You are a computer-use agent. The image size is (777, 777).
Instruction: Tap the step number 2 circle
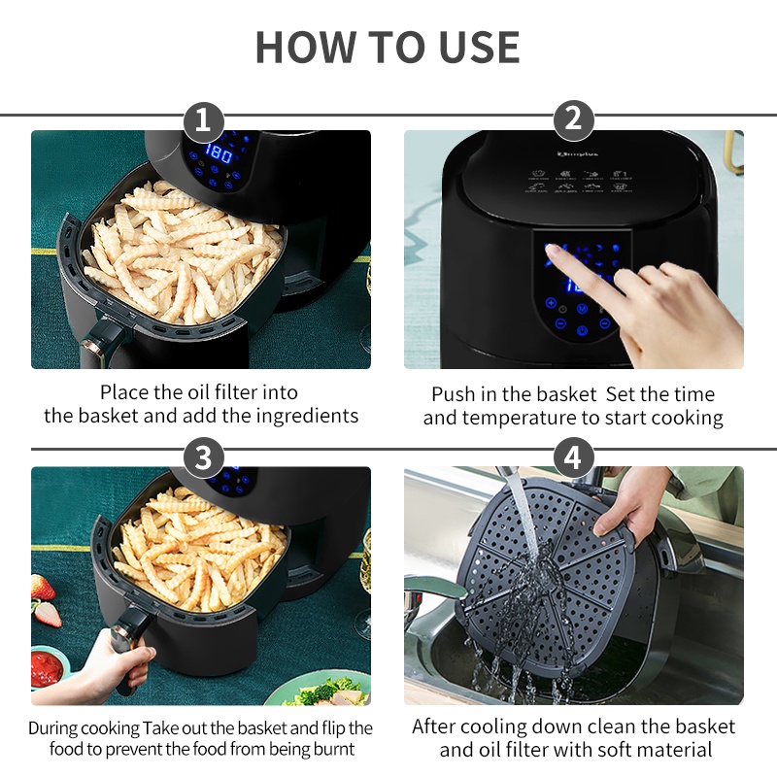573,119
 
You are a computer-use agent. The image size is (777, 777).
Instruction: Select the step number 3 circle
203,457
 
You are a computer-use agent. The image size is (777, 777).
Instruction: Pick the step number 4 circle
573,457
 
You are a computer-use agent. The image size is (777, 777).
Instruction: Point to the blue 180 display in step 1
219,153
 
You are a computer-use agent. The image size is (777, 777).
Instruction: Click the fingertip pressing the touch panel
551,251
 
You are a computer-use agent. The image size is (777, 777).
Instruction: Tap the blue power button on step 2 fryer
582,330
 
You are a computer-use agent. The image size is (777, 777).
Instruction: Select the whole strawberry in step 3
42,588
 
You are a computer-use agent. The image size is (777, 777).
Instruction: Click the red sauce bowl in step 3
47,668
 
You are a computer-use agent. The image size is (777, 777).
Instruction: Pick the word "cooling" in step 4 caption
489,726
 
